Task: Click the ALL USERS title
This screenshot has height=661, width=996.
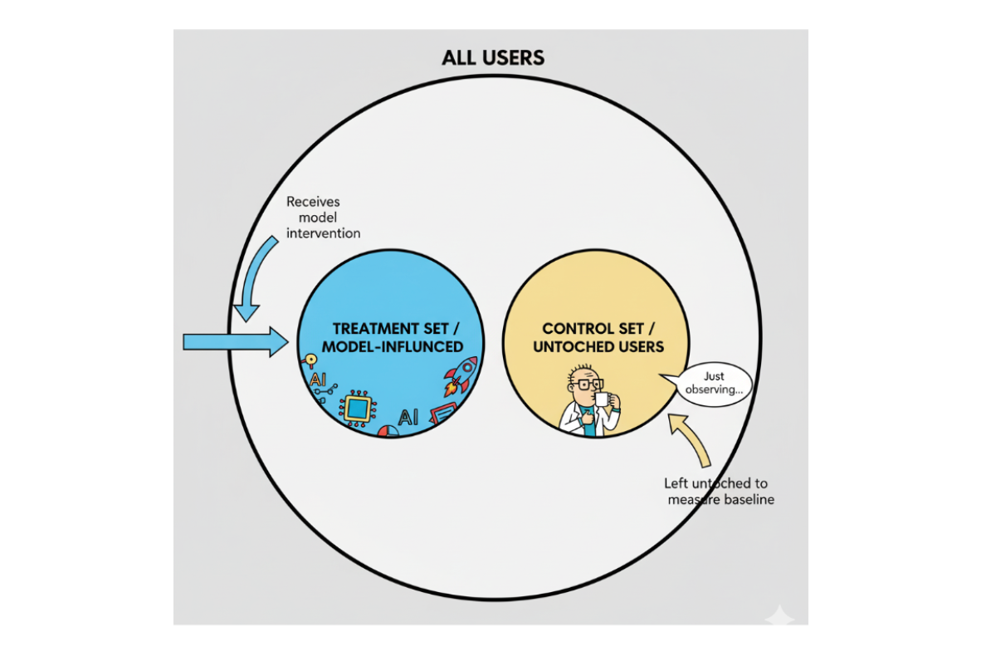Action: pos(493,58)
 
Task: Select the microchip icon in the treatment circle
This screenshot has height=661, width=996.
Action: pos(358,408)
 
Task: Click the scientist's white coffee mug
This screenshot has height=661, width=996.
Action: pos(603,399)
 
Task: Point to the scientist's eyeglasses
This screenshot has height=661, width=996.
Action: pos(586,384)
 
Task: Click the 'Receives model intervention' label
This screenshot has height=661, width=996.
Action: pos(323,218)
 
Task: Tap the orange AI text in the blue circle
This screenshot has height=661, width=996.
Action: pos(317,379)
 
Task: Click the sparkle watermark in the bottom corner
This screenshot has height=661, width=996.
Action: pos(779,618)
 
